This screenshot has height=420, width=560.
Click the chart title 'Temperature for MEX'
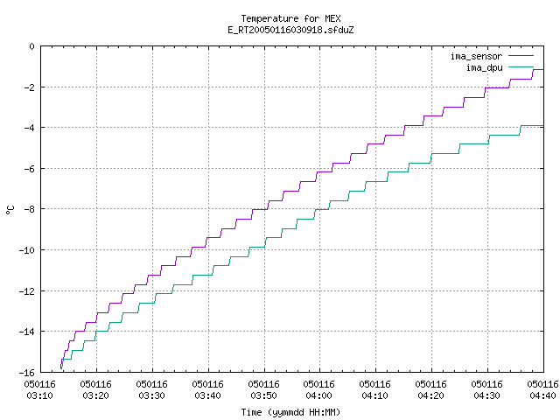point(290,18)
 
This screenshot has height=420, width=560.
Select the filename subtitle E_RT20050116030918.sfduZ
point(290,30)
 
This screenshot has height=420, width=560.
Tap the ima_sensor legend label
point(476,56)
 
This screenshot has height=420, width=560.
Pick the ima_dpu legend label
point(485,67)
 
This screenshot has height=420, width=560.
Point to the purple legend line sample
point(521,56)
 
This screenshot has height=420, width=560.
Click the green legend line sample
point(521,66)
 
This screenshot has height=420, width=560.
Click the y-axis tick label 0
point(32,46)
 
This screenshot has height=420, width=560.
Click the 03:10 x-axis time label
point(40,395)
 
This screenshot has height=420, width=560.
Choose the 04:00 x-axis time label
point(318,395)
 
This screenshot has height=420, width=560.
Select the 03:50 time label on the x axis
point(263,395)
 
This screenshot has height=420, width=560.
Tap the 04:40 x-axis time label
point(542,395)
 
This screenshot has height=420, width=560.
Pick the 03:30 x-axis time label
point(151,395)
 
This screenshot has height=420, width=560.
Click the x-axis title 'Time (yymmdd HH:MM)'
point(290,412)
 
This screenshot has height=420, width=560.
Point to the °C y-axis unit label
point(10,210)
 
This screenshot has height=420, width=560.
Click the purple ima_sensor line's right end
point(543,70)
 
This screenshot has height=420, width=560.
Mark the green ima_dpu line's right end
point(543,125)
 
